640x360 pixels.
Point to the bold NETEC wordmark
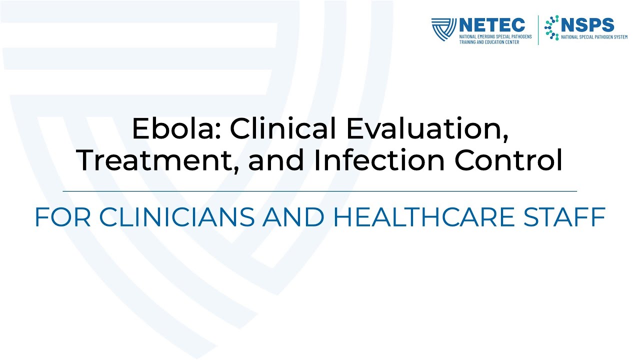click(x=492, y=25)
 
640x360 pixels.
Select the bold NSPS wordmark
click(x=587, y=24)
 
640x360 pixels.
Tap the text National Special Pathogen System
click(x=594, y=37)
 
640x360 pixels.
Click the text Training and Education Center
click(x=489, y=42)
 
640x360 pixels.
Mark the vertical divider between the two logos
click(x=538, y=30)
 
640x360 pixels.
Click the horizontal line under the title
click(x=320, y=191)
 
